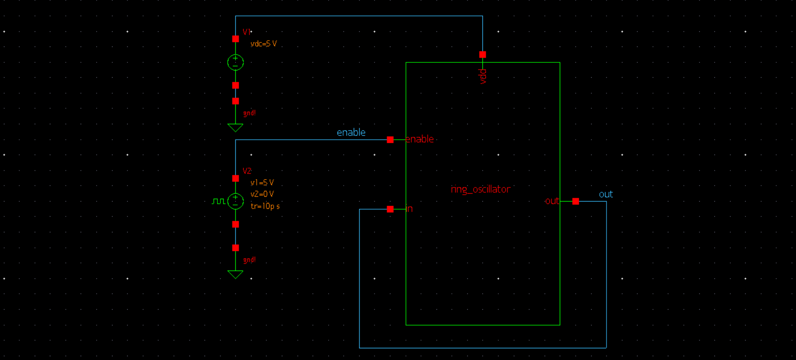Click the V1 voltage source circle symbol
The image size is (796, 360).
pyautogui.click(x=235, y=62)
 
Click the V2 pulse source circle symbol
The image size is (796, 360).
pyautogui.click(x=235, y=201)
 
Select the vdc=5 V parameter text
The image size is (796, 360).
pyautogui.click(x=263, y=44)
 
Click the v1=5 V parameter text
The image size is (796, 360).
pyautogui.click(x=262, y=183)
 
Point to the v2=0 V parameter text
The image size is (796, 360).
pyautogui.click(x=262, y=194)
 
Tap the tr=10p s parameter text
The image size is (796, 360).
pyautogui.click(x=265, y=206)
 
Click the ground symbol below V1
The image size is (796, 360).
pyautogui.click(x=235, y=127)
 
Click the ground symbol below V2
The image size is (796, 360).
pyautogui.click(x=235, y=274)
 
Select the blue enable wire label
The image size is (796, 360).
pyautogui.click(x=351, y=132)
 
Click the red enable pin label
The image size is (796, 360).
pyautogui.click(x=420, y=139)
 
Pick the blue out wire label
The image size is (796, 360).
pyautogui.click(x=606, y=194)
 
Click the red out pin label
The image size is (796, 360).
pyautogui.click(x=551, y=201)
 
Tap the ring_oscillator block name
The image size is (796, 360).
pyautogui.click(x=480, y=189)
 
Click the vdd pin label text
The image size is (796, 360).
pyautogui.click(x=483, y=76)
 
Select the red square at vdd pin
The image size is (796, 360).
pyautogui.click(x=482, y=55)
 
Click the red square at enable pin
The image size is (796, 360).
pyautogui.click(x=390, y=140)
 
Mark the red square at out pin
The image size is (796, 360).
pyautogui.click(x=576, y=201)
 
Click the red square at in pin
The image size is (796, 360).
pyautogui.click(x=390, y=209)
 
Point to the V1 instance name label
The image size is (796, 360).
pyautogui.click(x=246, y=32)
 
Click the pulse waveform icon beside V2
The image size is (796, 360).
pyautogui.click(x=218, y=201)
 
